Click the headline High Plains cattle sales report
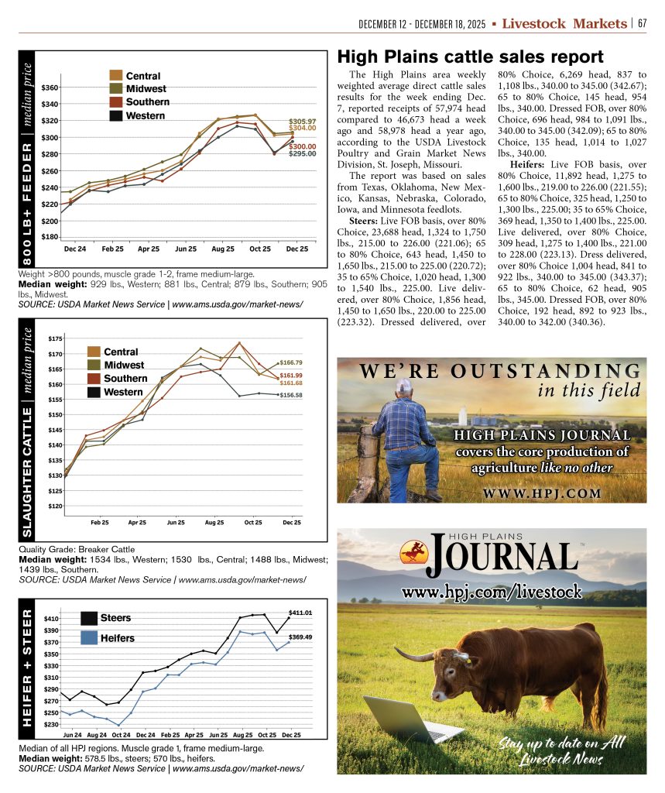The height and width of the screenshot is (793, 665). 470,57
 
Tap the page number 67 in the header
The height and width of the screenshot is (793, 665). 642,24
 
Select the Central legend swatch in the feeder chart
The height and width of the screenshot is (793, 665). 116,76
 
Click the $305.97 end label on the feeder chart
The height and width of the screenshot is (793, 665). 302,122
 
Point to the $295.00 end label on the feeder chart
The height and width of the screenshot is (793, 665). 302,154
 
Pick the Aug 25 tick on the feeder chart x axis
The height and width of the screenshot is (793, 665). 223,249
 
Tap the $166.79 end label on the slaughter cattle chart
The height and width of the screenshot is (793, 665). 291,362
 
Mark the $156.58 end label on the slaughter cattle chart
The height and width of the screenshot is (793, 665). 291,395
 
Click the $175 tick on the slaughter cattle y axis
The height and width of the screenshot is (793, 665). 56,339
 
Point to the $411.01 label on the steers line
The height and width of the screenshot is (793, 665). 300,613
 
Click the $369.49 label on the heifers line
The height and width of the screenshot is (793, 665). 300,637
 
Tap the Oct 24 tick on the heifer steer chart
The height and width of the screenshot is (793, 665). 121,733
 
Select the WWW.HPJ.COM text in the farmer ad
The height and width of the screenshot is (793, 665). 541,493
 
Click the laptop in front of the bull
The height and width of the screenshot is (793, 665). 399,719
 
